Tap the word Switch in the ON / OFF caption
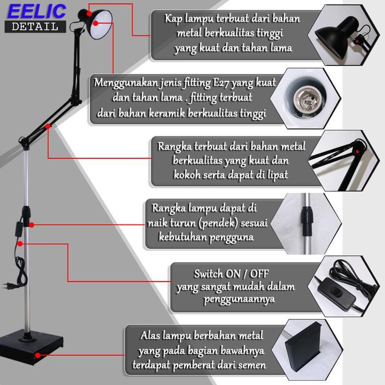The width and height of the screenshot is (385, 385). click(208, 273)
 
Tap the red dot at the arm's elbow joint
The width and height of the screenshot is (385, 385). click(49, 127)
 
